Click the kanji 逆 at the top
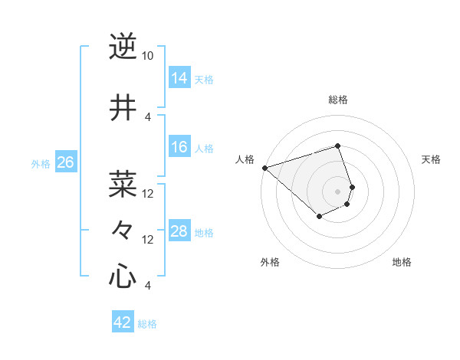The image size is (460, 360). pyautogui.click(x=123, y=47)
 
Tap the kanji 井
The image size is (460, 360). pyautogui.click(x=123, y=108)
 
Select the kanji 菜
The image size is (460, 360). pyautogui.click(x=123, y=184)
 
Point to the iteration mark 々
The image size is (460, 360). pyautogui.click(x=123, y=230)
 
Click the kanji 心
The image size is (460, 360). pyautogui.click(x=123, y=276)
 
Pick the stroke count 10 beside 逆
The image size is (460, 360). pyautogui.click(x=148, y=56)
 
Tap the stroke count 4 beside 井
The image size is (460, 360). pyautogui.click(x=148, y=116)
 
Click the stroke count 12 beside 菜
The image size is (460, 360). pyautogui.click(x=148, y=193)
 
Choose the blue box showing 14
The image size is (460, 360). pyautogui.click(x=179, y=78)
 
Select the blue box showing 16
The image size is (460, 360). pyautogui.click(x=179, y=147)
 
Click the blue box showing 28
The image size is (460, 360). pyautogui.click(x=179, y=231)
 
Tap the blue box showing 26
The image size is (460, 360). pyautogui.click(x=66, y=162)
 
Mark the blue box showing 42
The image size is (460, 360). pyautogui.click(x=123, y=322)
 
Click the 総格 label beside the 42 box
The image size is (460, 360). pyautogui.click(x=147, y=324)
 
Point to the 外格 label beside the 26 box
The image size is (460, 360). pyautogui.click(x=41, y=164)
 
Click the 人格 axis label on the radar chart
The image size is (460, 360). pyautogui.click(x=245, y=159)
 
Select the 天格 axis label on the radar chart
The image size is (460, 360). pyautogui.click(x=431, y=159)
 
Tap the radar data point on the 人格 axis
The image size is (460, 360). pyautogui.click(x=264, y=168)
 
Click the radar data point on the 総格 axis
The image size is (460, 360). pyautogui.click(x=338, y=146)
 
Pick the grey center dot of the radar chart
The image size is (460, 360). pyautogui.click(x=338, y=191)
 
